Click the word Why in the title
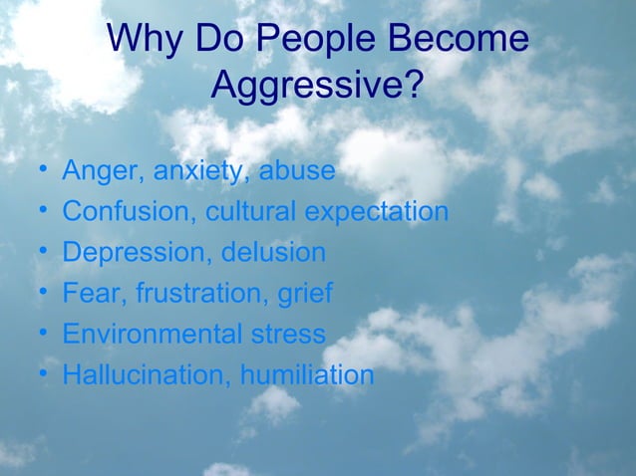tap(144, 40)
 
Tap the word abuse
tap(297, 171)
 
